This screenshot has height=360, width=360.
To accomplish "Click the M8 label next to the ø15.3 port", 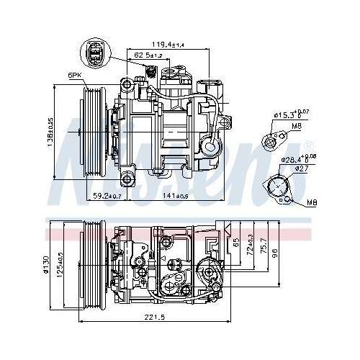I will tap(297, 127).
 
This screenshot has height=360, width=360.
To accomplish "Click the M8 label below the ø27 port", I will tap(310, 202).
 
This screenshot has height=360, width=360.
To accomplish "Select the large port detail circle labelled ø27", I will tap(278, 186).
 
